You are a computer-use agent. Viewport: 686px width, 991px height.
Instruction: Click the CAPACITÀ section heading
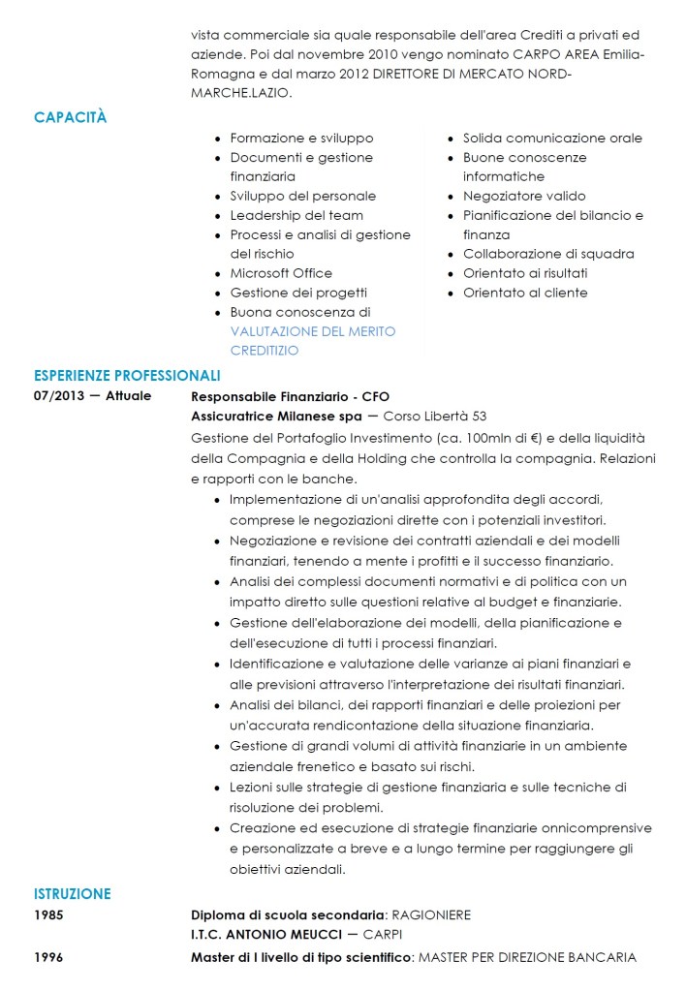[70, 117]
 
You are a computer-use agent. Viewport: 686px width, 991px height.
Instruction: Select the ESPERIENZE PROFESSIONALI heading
[127, 375]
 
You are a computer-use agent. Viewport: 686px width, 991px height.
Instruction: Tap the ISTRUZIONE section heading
[72, 894]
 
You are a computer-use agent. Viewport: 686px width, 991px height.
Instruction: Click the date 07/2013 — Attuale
[92, 396]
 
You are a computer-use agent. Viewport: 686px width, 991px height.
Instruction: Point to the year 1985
[48, 914]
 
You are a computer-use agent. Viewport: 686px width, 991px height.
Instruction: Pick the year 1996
[48, 957]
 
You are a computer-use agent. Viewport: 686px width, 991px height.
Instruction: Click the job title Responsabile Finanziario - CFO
[290, 396]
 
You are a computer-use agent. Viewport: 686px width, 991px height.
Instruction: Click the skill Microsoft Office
[281, 273]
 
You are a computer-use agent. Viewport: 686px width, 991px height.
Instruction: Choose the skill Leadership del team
[296, 215]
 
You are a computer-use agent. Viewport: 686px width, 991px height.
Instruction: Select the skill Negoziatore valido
[524, 196]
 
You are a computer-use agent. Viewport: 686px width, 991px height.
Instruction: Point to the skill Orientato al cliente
[525, 293]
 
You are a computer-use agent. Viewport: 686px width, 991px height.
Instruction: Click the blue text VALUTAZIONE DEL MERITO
[313, 331]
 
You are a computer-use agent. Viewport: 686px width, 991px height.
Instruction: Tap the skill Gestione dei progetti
[298, 293]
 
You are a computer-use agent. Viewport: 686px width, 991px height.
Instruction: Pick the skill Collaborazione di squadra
[548, 254]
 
